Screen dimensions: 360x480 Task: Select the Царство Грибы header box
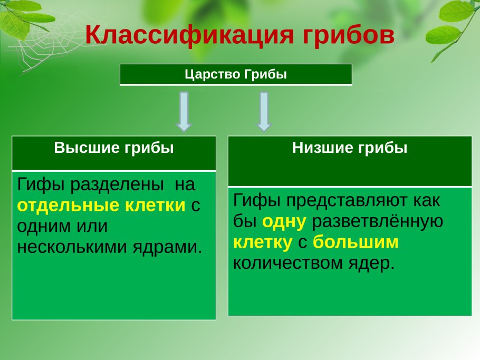pos(236,74)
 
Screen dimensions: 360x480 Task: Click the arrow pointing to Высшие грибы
pos(184,111)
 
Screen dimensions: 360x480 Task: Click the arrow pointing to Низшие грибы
pos(264,111)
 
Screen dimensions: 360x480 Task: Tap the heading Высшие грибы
pos(114,148)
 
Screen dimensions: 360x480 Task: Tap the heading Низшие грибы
pos(350,148)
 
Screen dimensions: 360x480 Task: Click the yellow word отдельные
pos(69,205)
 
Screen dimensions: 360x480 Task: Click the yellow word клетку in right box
pos(262,242)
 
